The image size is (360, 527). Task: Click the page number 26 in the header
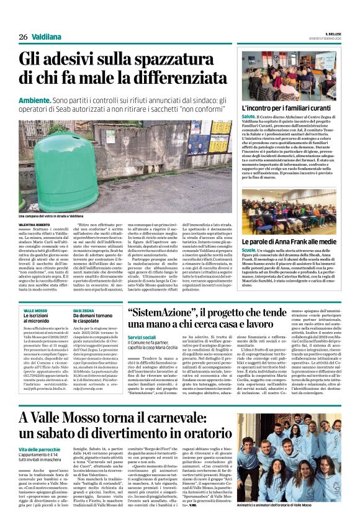23,37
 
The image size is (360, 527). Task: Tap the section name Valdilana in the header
48,37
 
